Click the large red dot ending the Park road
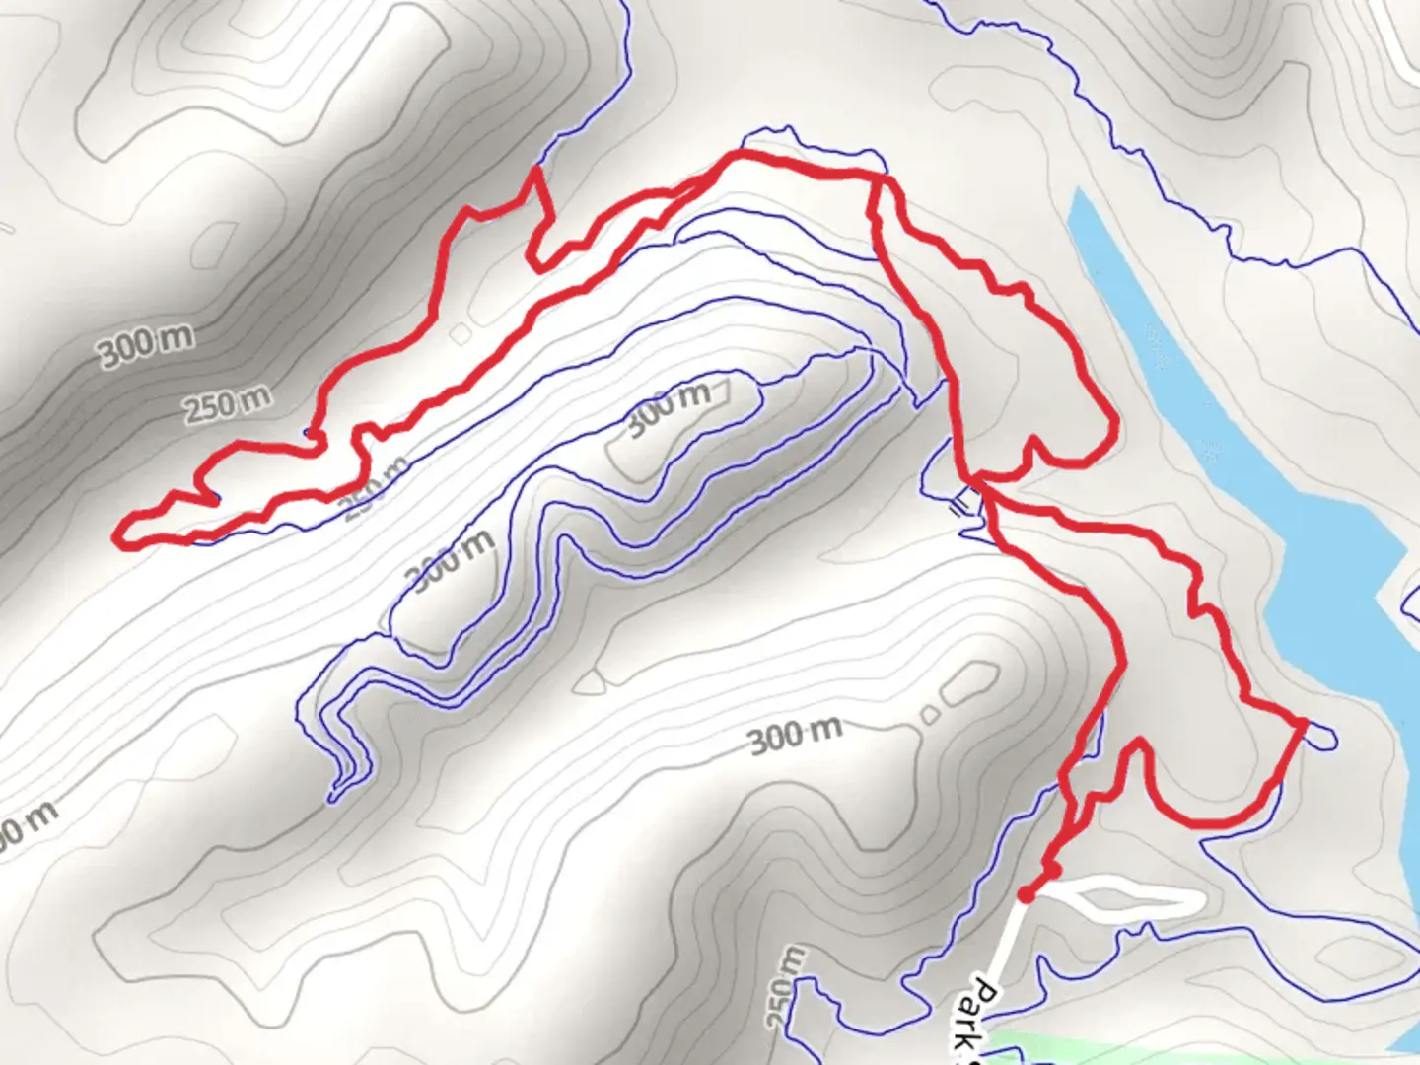1027,894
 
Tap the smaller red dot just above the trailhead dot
1052,871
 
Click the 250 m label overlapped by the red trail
375,489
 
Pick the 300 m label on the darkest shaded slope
146,345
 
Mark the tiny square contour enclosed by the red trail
461,334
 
